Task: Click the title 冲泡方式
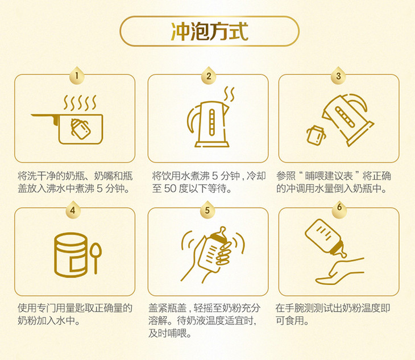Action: coord(209,31)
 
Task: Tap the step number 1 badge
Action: coord(77,76)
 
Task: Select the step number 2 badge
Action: coord(209,76)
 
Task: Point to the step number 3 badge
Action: coord(338,76)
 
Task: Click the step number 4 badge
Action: coord(73,210)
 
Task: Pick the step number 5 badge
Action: coord(208,210)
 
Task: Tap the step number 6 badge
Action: coord(339,208)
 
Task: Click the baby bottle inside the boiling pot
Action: coord(81,129)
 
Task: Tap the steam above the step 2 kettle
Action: coord(229,94)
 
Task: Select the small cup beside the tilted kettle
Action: coord(316,135)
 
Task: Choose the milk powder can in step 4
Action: coord(70,255)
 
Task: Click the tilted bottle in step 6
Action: coord(325,238)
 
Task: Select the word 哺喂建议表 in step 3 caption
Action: coord(329,176)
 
